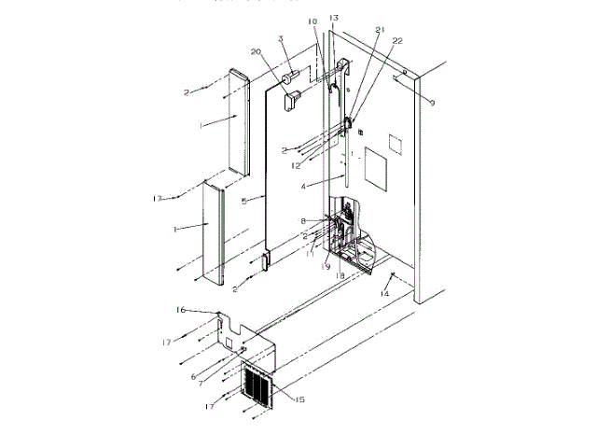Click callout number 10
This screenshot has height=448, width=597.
[312, 21]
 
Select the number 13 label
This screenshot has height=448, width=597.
[334, 19]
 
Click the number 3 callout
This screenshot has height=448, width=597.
[279, 39]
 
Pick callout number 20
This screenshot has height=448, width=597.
[255, 52]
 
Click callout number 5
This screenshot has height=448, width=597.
[243, 200]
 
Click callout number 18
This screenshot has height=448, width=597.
[340, 277]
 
